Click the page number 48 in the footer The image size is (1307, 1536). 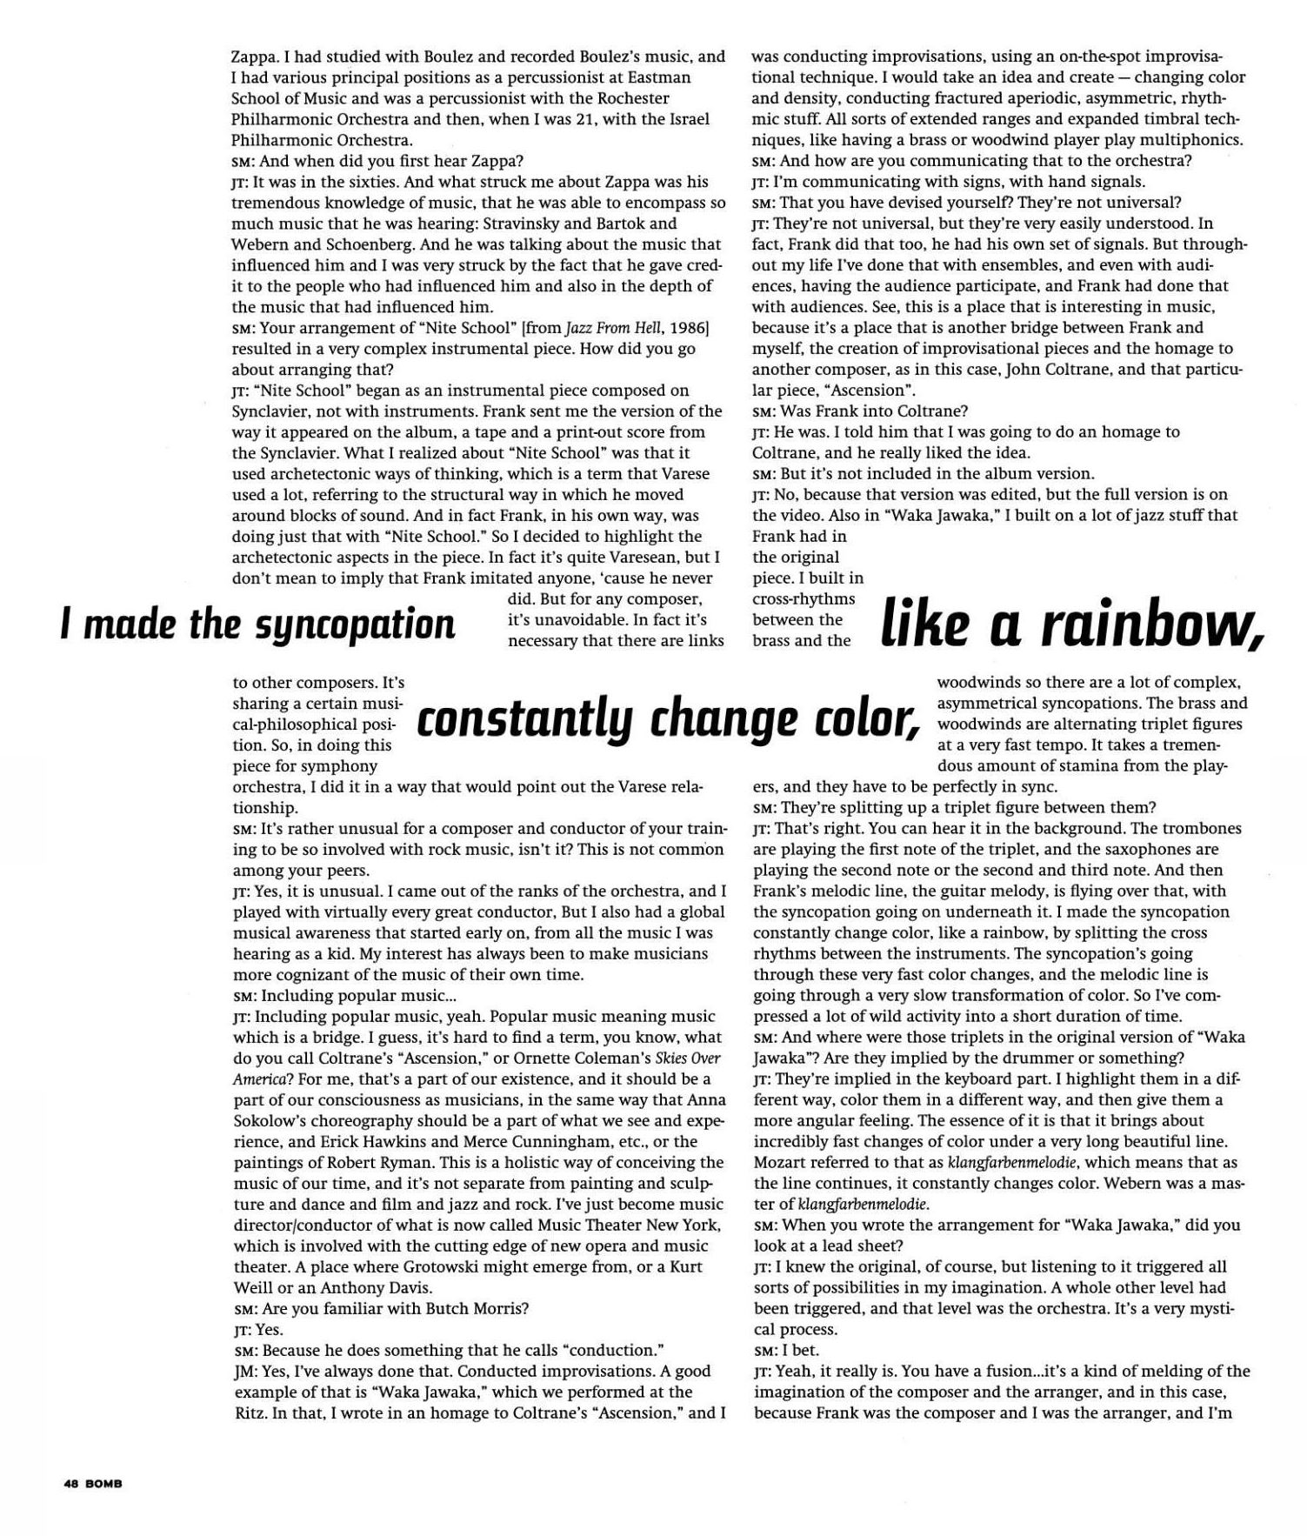(x=71, y=1484)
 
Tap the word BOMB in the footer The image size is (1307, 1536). (x=103, y=1484)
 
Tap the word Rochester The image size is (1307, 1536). (x=618, y=98)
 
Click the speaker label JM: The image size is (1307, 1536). (x=248, y=1371)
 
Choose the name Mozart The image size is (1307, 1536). (x=782, y=1162)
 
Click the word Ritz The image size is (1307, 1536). (x=250, y=1412)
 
